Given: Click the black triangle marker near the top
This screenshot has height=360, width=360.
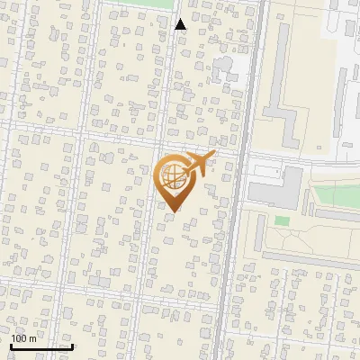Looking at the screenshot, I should click(180, 24).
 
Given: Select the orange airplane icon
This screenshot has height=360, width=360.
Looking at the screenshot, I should click(198, 164).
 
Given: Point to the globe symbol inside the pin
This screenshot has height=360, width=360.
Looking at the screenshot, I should click(171, 173).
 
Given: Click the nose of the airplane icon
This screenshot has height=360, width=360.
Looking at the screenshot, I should click(213, 155).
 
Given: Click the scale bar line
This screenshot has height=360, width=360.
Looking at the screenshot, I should click(41, 346).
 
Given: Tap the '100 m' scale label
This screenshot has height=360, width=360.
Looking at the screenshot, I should click(23, 338).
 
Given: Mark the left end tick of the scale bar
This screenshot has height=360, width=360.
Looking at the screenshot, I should click(11, 345).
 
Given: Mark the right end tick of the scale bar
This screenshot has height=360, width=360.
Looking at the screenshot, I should click(72, 345).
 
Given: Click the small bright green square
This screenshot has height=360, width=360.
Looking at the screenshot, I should click(282, 220).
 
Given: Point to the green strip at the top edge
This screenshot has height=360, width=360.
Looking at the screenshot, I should click(148, 4).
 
